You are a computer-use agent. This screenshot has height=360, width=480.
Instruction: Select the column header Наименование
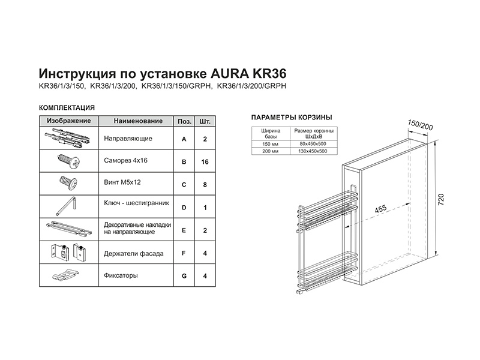point(137,121)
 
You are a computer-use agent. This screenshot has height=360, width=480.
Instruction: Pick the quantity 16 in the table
point(205,161)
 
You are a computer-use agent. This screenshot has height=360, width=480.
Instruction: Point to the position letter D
point(183,207)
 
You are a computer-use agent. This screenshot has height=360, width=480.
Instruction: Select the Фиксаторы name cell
point(121,276)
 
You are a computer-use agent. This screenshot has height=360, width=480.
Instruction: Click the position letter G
point(183,276)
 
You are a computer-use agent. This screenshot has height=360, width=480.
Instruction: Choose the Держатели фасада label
point(133,253)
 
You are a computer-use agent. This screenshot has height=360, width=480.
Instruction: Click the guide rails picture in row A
point(67,139)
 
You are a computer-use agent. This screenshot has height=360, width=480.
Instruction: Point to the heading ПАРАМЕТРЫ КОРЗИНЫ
point(291,118)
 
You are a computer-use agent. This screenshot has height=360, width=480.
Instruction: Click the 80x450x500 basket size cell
point(313,145)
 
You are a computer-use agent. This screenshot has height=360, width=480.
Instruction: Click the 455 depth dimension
point(380,209)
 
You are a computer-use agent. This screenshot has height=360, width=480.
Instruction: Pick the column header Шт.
point(205,121)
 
